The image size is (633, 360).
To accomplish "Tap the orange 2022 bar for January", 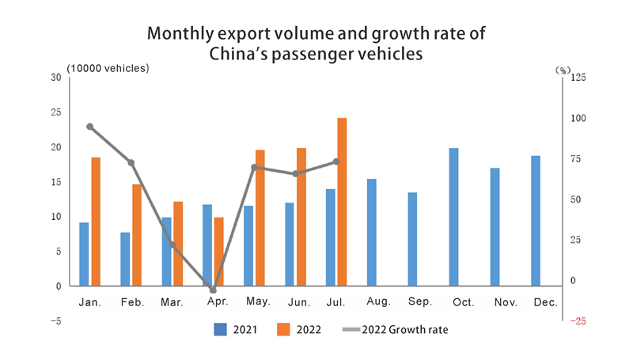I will (96, 222).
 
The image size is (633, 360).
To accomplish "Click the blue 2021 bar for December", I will (536, 221).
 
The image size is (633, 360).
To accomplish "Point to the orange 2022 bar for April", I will (219, 252).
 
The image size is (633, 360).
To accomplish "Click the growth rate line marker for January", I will (90, 127).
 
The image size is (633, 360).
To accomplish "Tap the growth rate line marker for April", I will (213, 290).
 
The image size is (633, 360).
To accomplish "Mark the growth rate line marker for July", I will (336, 161).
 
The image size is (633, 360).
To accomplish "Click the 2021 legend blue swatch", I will (221, 329).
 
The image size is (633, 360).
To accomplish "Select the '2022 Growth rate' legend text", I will (404, 329).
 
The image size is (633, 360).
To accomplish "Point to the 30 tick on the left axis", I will (55, 77).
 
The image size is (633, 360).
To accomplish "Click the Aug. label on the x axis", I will (379, 302).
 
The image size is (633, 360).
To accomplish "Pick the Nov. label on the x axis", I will (505, 302).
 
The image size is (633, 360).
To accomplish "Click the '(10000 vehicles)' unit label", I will (108, 68).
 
